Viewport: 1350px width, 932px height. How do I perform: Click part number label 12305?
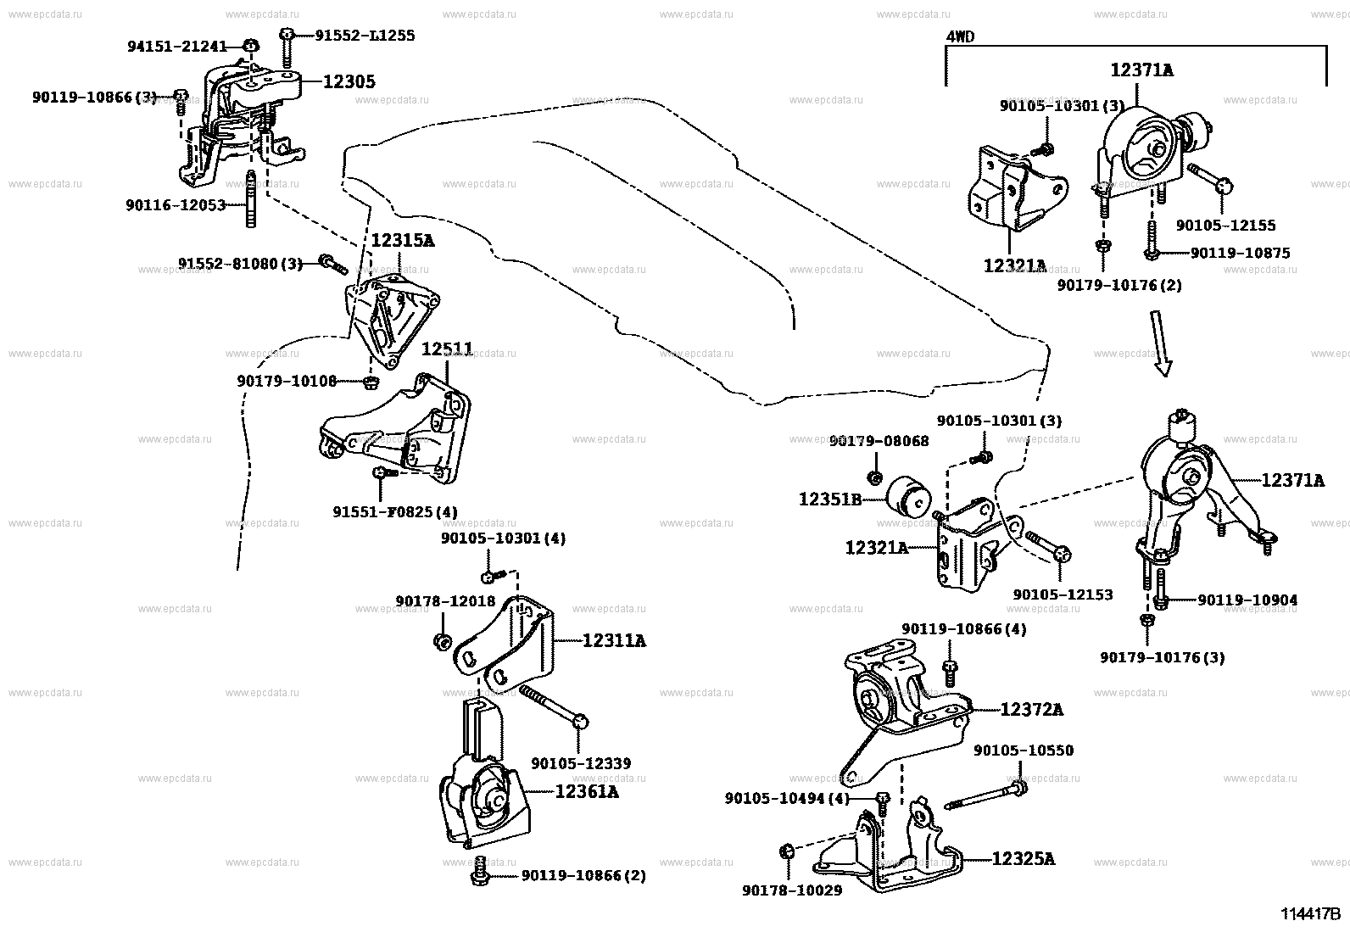pyautogui.click(x=349, y=81)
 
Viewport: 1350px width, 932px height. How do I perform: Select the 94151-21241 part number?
pyautogui.click(x=177, y=47)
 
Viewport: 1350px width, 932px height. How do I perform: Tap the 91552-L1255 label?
pyautogui.click(x=365, y=36)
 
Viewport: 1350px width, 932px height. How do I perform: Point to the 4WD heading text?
pyautogui.click(x=960, y=36)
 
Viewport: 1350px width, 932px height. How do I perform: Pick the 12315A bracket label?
pyautogui.click(x=402, y=241)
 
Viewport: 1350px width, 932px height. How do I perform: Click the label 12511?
pyautogui.click(x=447, y=349)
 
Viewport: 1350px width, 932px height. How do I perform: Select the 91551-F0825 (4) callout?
pyautogui.click(x=395, y=512)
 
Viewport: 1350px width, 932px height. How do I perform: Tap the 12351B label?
pyautogui.click(x=830, y=499)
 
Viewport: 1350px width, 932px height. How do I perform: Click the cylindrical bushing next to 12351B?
pyautogui.click(x=909, y=496)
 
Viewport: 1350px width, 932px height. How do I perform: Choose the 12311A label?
pyautogui.click(x=614, y=640)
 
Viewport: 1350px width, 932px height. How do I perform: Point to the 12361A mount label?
pyautogui.click(x=587, y=791)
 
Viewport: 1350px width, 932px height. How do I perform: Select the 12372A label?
pyautogui.click(x=1032, y=710)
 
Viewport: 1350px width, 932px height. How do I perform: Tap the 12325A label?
pyautogui.click(x=1024, y=858)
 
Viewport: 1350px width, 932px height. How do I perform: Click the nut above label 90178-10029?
pyautogui.click(x=786, y=851)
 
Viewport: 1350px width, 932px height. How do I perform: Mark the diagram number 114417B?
pyautogui.click(x=1310, y=914)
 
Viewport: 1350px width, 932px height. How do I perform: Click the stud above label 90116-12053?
pyautogui.click(x=251, y=199)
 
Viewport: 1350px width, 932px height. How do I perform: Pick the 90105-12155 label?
pyautogui.click(x=1226, y=226)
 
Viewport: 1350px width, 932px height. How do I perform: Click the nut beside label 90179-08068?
pyautogui.click(x=874, y=478)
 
